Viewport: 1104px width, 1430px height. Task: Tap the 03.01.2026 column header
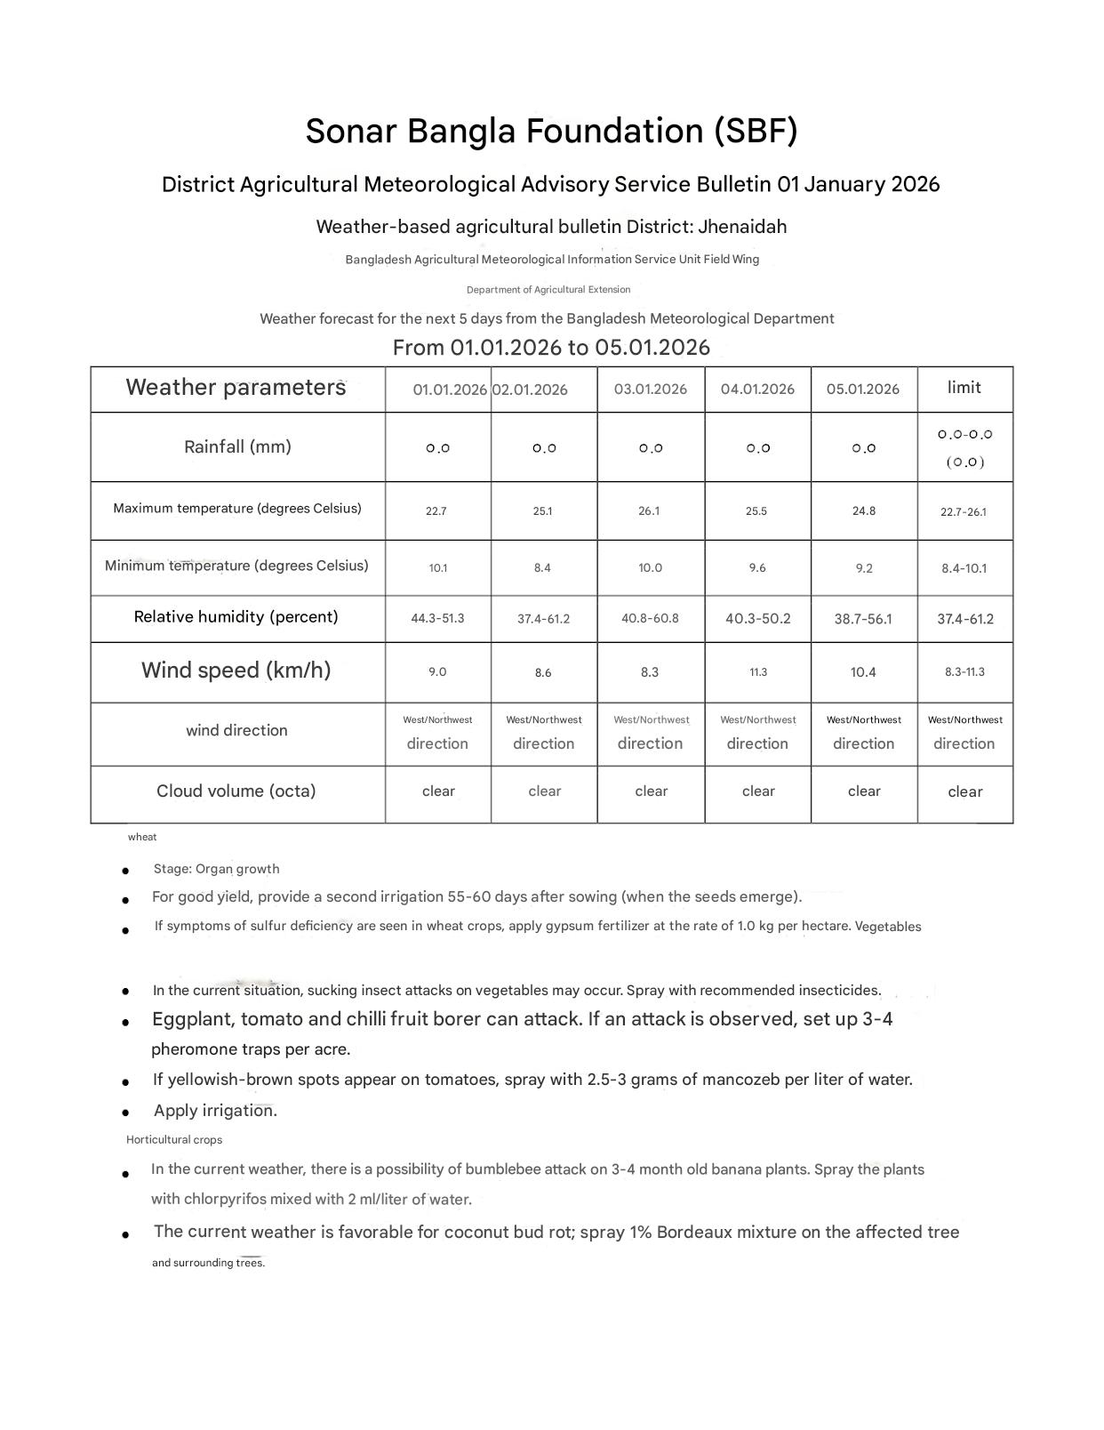[x=650, y=390]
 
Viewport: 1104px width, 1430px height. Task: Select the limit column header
[x=964, y=388]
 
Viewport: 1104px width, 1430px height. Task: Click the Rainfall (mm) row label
[x=237, y=447]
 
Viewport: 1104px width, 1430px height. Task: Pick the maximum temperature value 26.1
[x=649, y=511]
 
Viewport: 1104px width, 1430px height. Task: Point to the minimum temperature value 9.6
[x=756, y=568]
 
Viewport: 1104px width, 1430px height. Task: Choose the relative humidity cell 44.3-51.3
[x=437, y=618]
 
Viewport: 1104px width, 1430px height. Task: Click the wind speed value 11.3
[x=757, y=672]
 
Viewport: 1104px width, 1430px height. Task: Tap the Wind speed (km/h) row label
[x=236, y=671]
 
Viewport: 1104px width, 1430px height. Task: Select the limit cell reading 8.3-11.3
[x=964, y=672]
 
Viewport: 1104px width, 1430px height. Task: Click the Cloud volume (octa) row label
[x=236, y=791]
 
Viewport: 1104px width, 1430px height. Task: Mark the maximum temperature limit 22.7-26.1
[x=964, y=512]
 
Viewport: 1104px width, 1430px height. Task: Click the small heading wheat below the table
[x=142, y=837]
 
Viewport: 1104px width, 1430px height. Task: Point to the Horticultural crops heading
[x=174, y=1140]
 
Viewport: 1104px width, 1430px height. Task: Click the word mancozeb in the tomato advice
[x=743, y=1081]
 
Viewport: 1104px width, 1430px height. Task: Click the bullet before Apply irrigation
[x=126, y=1113]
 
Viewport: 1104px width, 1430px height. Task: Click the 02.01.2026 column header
[x=531, y=390]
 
